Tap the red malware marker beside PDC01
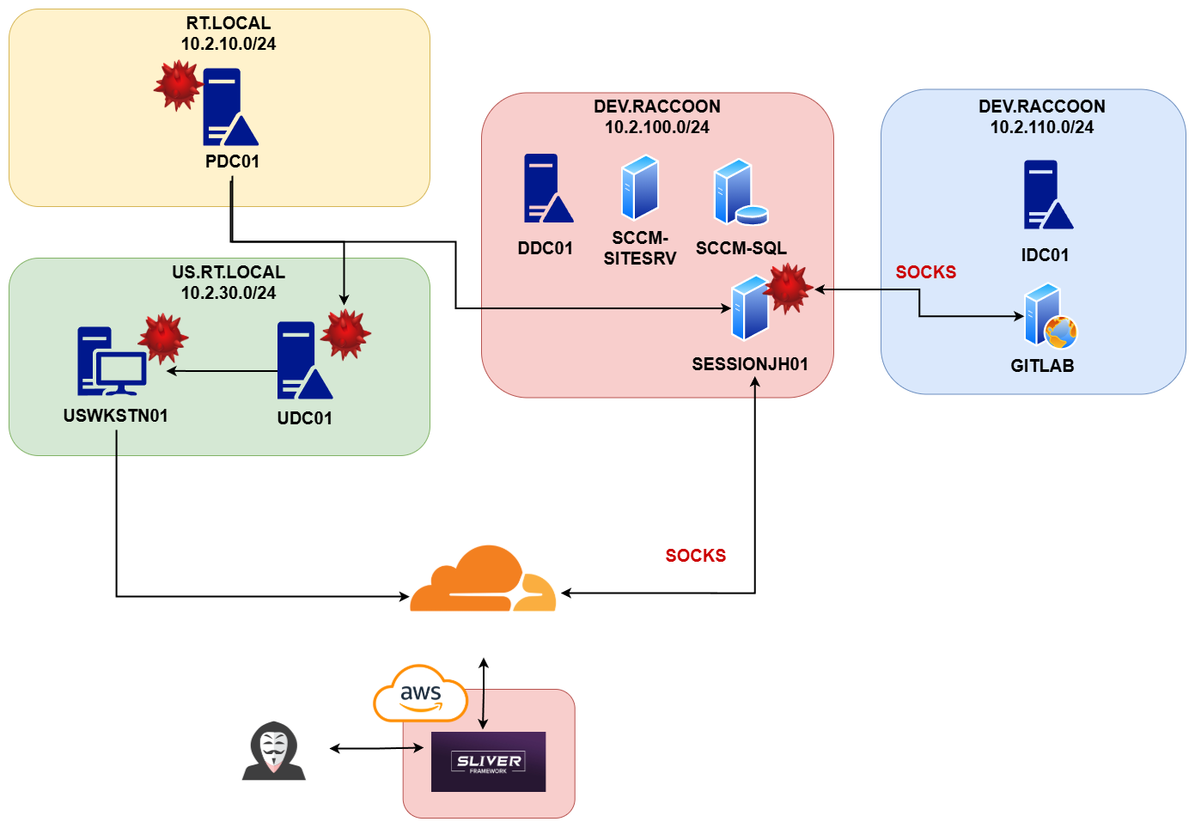178,85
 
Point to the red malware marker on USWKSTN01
162,338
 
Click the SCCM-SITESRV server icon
640,187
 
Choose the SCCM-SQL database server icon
740,192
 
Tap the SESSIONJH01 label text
750,364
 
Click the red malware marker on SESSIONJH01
787,288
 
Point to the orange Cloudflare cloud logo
483,580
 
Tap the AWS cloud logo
420,693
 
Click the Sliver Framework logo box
488,762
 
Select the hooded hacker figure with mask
274,751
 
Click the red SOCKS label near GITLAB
925,272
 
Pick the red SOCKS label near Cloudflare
695,556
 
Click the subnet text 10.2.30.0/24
229,293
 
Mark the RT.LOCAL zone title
229,23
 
